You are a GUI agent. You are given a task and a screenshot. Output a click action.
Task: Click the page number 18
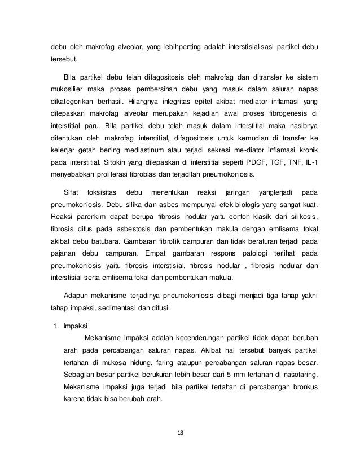[x=180, y=432]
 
